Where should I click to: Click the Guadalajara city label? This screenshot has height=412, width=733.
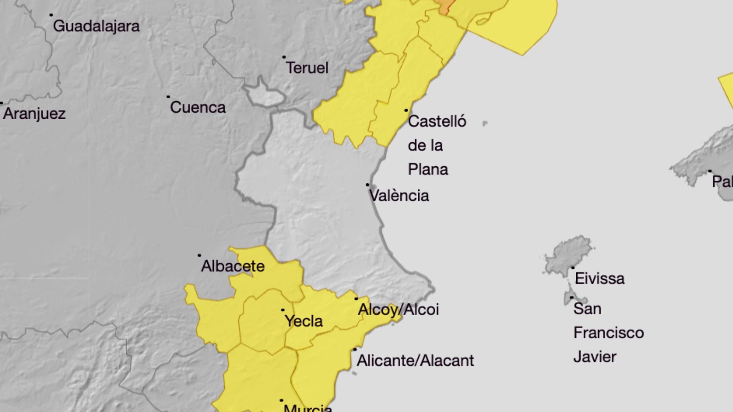click(96, 26)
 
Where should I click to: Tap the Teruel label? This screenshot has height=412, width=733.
click(307, 68)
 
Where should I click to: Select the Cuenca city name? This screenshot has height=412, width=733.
click(198, 107)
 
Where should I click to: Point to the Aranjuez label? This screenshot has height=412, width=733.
click(34, 113)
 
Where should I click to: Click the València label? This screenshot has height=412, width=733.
click(399, 196)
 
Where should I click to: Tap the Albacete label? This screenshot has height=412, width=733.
click(233, 266)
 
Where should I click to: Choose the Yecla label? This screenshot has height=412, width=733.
click(304, 321)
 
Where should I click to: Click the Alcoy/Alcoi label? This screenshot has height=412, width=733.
click(398, 310)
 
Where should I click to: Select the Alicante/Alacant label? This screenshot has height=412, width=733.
click(415, 361)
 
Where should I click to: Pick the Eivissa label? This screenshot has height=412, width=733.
click(599, 279)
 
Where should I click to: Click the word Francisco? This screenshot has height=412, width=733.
click(608, 333)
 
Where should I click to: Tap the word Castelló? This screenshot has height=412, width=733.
click(437, 121)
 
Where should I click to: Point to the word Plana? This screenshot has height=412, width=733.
click(428, 170)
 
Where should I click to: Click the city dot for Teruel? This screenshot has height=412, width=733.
click(284, 57)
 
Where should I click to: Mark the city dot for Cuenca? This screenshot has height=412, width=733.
click(168, 97)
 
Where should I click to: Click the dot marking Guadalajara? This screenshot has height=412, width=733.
click(51, 15)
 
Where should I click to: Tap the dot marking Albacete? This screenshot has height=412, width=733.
click(199, 255)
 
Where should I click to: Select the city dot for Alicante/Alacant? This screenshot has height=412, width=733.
click(355, 349)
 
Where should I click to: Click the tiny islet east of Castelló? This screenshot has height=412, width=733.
click(485, 123)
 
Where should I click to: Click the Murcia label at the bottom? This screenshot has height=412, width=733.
click(308, 408)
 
